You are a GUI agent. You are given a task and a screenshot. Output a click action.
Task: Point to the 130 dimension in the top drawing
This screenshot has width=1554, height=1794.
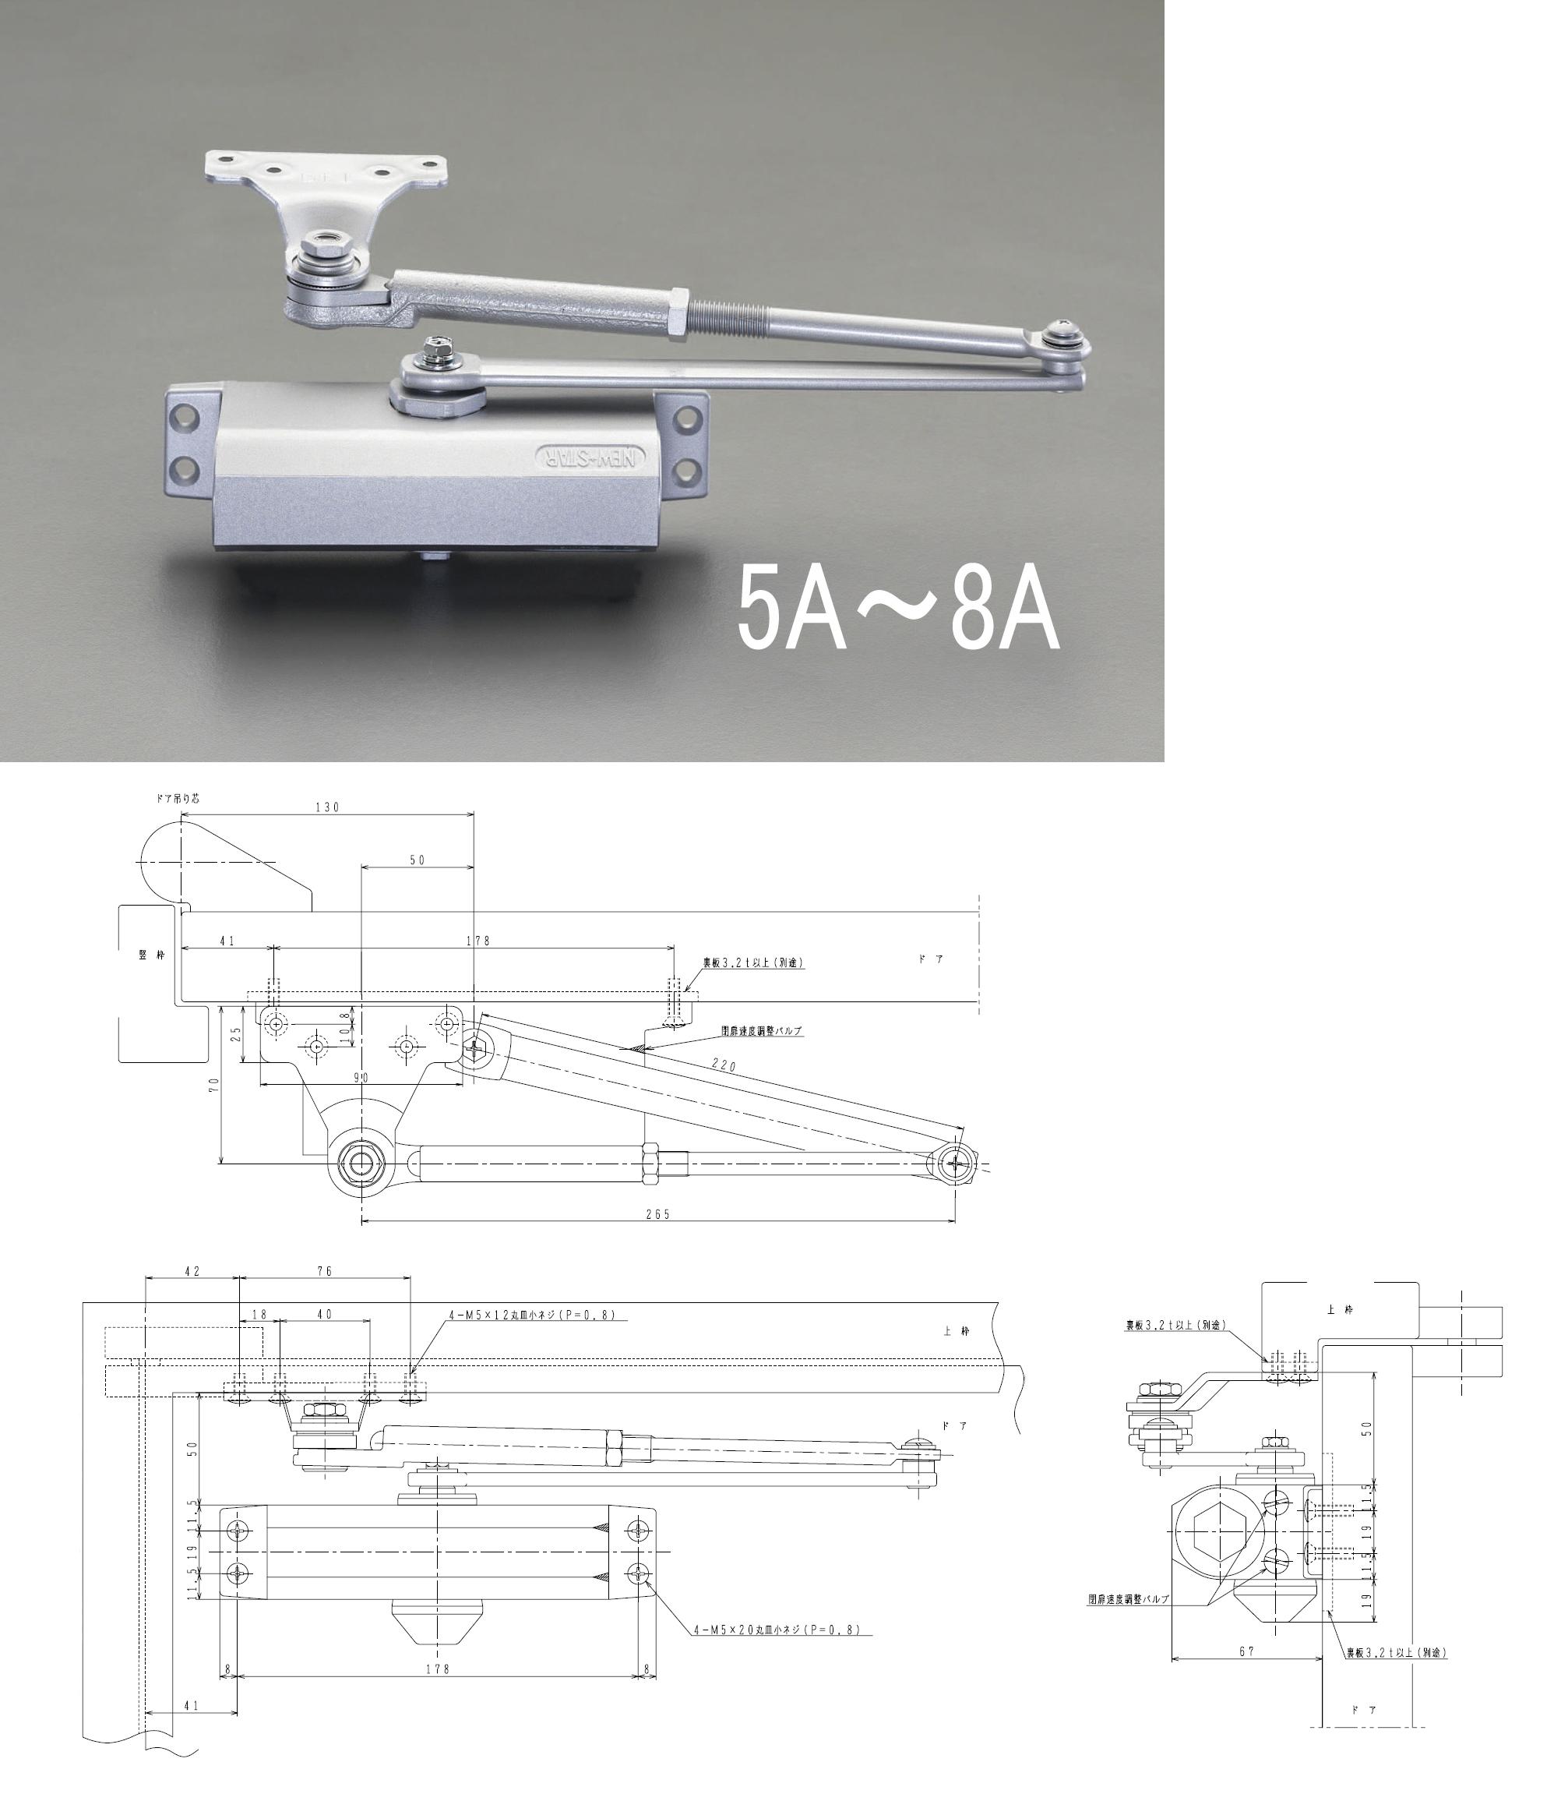click(327, 807)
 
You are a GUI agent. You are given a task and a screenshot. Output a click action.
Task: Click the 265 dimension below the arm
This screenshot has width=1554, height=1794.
click(657, 1214)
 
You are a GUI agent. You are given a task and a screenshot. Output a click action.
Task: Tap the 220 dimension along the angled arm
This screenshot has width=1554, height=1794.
click(723, 1065)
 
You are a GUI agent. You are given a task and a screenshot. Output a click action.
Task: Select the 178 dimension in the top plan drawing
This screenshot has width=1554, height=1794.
click(477, 941)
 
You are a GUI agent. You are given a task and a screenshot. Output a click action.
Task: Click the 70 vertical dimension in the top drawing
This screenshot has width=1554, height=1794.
click(214, 1084)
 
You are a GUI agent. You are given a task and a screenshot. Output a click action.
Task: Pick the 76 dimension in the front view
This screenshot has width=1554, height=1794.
click(324, 1272)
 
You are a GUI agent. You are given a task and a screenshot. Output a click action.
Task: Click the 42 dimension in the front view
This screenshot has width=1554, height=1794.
click(192, 1272)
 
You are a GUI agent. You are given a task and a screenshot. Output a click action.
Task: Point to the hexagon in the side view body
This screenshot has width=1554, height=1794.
click(1214, 1550)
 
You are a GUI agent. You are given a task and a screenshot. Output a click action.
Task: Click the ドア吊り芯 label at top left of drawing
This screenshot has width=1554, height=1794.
click(177, 798)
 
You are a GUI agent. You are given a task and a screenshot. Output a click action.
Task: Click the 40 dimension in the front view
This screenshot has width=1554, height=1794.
click(324, 1315)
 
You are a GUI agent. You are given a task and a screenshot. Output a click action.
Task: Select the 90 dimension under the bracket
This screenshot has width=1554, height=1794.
click(361, 1078)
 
